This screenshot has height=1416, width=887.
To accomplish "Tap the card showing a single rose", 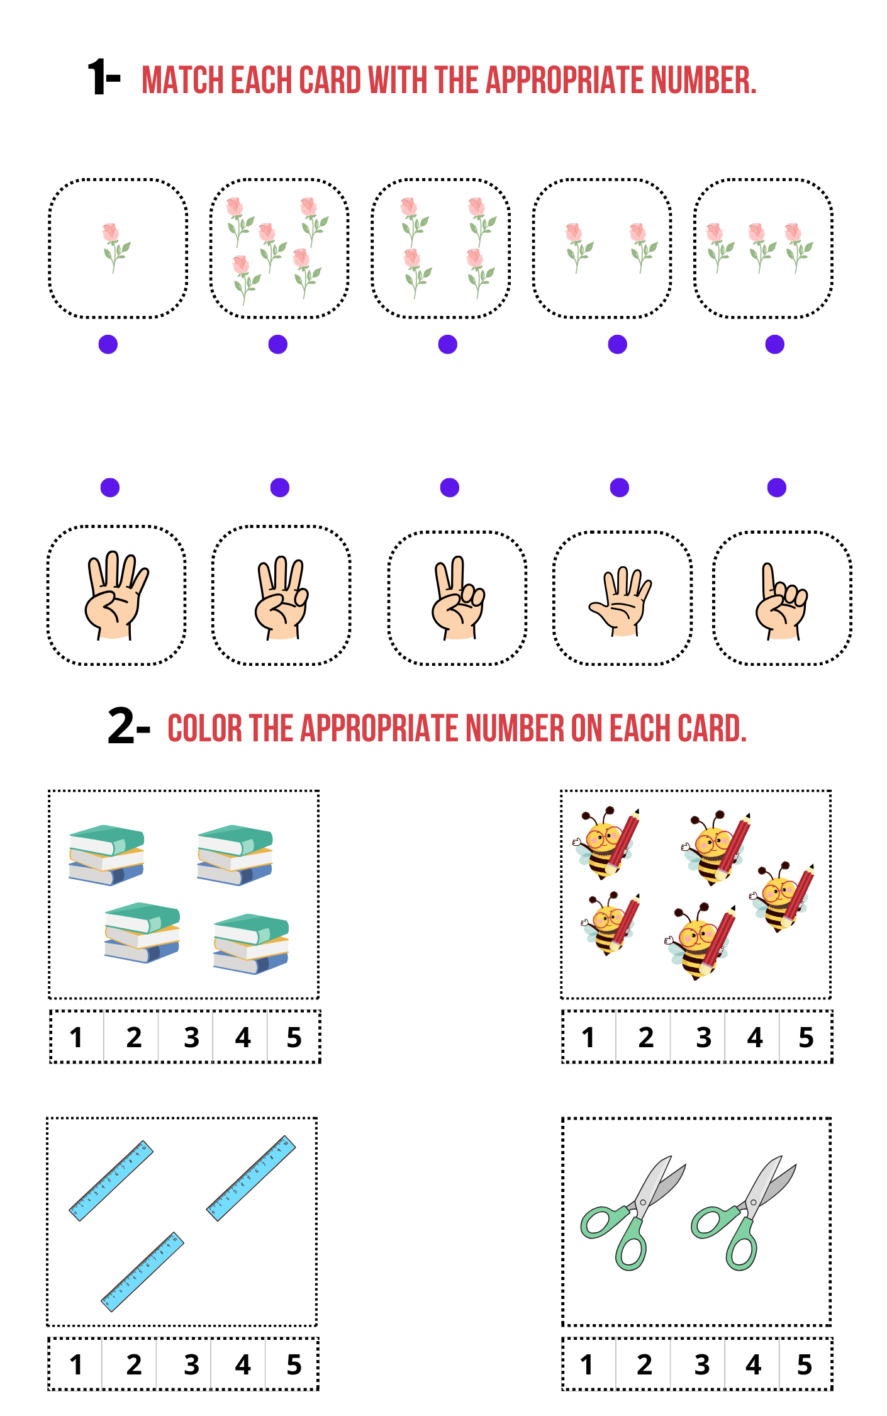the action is (x=118, y=249).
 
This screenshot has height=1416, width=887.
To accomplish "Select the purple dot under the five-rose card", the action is (x=278, y=344).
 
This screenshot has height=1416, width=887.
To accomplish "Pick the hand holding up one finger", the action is (x=781, y=601).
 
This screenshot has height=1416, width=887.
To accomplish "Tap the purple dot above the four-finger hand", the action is (x=110, y=488).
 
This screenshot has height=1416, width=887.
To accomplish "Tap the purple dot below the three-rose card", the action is (x=775, y=344).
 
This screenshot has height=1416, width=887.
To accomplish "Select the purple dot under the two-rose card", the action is (x=618, y=344).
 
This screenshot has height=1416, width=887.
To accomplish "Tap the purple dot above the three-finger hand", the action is (x=280, y=488).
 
